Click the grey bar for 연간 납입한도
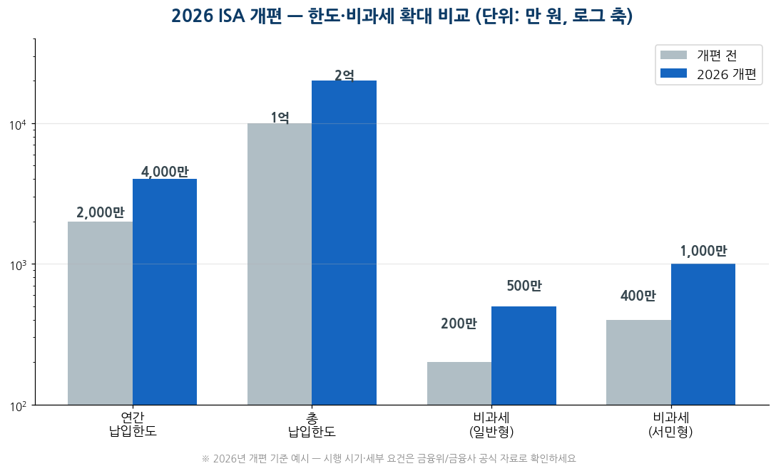(x=100, y=314)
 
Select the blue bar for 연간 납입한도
(x=165, y=292)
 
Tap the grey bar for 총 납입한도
(x=280, y=264)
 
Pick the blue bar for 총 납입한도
(x=344, y=243)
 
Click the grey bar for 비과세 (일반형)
(x=459, y=383)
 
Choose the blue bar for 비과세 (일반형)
(x=524, y=356)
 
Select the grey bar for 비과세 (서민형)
(x=638, y=363)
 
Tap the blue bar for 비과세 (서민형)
(x=703, y=335)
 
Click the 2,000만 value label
(x=101, y=212)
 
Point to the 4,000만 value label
(x=165, y=172)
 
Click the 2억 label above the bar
(x=344, y=75)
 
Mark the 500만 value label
(x=524, y=286)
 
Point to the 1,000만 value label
(x=703, y=251)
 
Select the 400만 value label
(x=638, y=296)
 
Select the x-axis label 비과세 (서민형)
(x=670, y=425)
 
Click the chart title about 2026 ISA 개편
(x=402, y=16)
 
